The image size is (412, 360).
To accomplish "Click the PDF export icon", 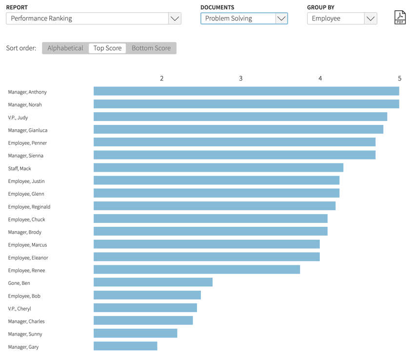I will (x=399, y=18).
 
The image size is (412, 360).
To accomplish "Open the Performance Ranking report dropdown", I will (x=93, y=19).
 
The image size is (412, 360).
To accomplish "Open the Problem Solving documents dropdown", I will (x=244, y=19).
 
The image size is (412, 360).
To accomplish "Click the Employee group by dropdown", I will (x=342, y=19).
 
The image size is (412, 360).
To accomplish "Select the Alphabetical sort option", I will (x=65, y=48).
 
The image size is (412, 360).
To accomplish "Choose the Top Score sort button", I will (x=107, y=48).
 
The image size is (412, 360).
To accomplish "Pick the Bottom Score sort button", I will (x=151, y=48).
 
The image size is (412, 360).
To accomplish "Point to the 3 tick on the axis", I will (x=241, y=79).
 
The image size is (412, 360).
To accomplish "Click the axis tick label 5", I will (x=399, y=79).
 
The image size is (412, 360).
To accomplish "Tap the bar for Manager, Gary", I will (x=125, y=346).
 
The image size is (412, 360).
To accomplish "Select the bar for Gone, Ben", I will (x=153, y=282).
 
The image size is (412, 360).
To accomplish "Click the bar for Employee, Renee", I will (x=196, y=270).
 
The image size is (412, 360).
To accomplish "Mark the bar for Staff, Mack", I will (x=218, y=168).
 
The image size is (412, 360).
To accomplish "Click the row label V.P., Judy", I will (x=18, y=118).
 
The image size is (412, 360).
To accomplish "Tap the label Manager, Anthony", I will (x=27, y=92).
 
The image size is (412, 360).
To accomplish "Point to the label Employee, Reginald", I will (x=29, y=207).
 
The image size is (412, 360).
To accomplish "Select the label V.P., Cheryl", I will (x=20, y=309).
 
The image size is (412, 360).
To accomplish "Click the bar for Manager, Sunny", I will (x=135, y=334).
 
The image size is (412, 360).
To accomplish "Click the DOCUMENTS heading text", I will (x=217, y=7).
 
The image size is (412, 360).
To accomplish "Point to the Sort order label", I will (x=21, y=48).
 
